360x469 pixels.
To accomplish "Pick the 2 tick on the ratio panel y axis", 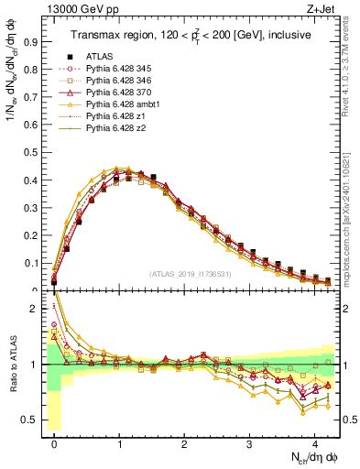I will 35,309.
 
